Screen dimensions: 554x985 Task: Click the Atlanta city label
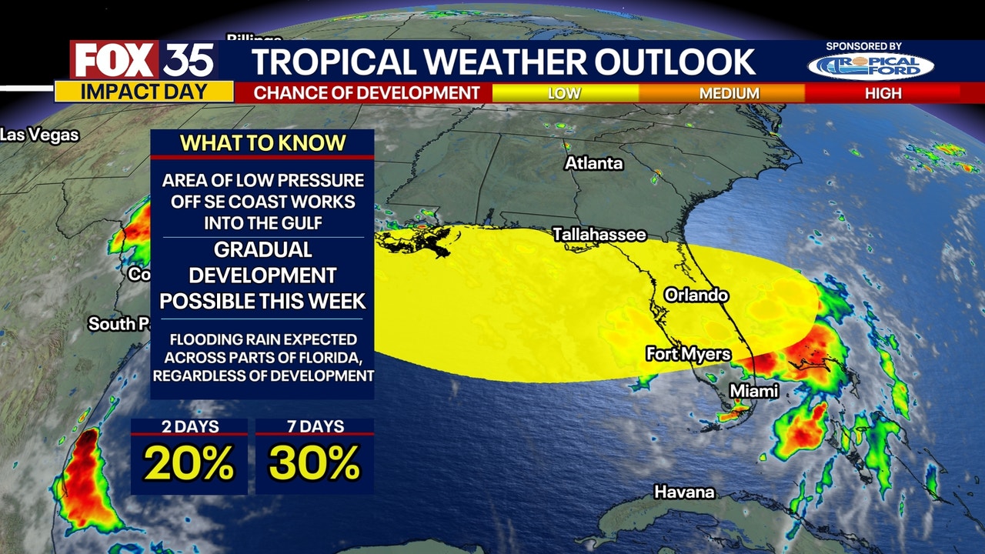[593, 164]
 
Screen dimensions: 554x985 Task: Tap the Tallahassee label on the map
[599, 235]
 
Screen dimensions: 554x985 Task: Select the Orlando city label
[696, 295]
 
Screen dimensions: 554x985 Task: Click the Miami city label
[754, 391]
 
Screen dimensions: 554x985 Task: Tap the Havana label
[684, 492]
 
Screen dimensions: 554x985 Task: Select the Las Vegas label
[39, 135]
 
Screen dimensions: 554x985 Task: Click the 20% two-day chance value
[189, 463]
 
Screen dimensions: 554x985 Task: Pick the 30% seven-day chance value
[314, 463]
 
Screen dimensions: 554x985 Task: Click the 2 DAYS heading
[189, 426]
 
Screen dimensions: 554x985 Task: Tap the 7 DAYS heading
[314, 426]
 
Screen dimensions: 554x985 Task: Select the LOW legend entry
[564, 93]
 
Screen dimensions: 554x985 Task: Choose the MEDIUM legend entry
[729, 93]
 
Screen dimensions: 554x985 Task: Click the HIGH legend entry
[883, 93]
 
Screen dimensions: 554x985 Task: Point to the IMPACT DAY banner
[144, 92]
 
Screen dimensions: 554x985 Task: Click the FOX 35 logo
[144, 60]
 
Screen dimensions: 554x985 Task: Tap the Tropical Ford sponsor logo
[870, 66]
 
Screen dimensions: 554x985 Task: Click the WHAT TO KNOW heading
[262, 143]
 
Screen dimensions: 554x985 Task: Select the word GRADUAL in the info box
[262, 250]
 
